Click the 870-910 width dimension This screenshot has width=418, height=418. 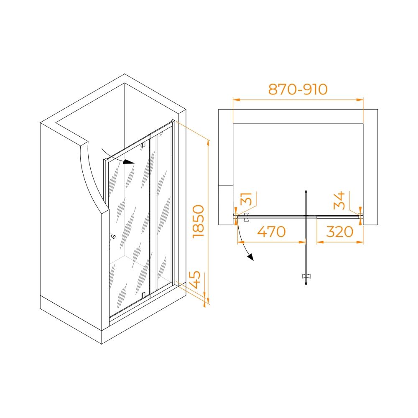pos(298,89)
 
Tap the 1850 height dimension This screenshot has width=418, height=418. pos(198,221)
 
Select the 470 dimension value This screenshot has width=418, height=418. pos(271,232)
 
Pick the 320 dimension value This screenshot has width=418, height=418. pos(340,232)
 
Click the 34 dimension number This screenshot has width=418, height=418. pos(339,201)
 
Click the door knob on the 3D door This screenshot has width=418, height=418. pos(113,236)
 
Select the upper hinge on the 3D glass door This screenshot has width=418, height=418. pos(144,145)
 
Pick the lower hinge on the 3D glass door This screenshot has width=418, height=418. pos(144,295)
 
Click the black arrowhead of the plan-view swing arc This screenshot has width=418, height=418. pos(250,257)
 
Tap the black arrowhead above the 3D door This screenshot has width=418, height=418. pos(130,162)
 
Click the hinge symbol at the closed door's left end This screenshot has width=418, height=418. pos(246,217)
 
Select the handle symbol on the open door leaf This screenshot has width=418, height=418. pos(306,276)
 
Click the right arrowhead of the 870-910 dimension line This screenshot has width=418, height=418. pos(359,100)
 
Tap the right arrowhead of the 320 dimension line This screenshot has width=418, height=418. pos(359,242)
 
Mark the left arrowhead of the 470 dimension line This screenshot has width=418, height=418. pos(241,242)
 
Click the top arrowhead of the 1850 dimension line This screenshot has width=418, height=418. pos(208,143)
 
